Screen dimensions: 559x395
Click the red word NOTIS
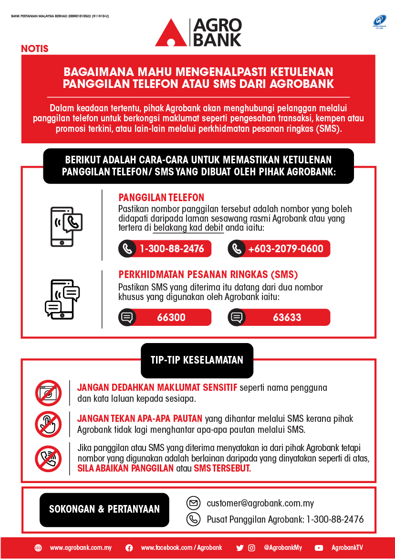tap(35, 49)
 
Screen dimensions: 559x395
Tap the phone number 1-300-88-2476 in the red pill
tap(171, 248)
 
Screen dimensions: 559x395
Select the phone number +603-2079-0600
tap(285, 248)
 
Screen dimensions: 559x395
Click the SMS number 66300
tap(171, 317)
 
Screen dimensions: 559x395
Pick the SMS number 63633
tap(287, 317)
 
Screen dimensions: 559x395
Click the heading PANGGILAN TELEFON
tap(161, 198)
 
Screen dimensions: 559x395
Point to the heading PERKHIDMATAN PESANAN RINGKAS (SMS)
tap(208, 275)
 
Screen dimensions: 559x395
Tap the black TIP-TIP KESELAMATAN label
tap(197, 360)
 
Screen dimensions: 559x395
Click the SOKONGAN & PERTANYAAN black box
tap(104, 509)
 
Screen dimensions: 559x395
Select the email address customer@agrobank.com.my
tap(260, 503)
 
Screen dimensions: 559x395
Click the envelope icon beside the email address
tap(193, 503)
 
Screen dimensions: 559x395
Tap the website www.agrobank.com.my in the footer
tap(81, 548)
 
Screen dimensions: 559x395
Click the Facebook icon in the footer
tap(129, 548)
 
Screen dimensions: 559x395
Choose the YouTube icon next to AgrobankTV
tap(319, 548)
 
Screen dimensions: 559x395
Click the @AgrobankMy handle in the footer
tap(282, 548)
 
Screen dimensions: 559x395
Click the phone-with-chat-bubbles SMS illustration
tap(62, 299)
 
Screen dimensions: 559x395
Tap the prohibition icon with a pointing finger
tap(48, 424)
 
